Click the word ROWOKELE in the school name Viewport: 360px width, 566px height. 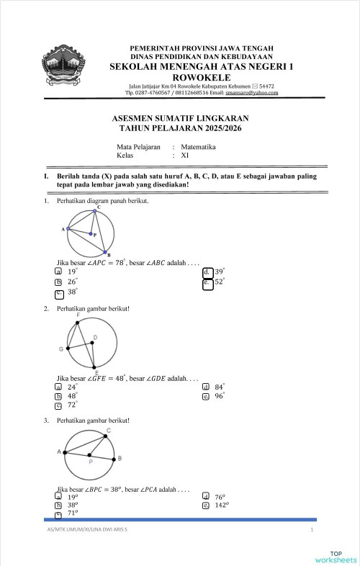point(197,77)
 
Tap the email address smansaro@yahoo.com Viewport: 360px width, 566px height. point(251,93)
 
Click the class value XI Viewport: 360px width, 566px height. point(185,155)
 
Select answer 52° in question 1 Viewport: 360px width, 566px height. point(220,282)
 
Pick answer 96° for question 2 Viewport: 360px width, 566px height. point(219,395)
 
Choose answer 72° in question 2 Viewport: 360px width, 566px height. point(72,405)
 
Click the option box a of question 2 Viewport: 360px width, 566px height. point(58,387)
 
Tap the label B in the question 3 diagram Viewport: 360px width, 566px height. point(119,458)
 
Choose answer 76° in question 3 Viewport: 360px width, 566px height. point(219,496)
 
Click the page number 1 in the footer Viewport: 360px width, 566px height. point(312,530)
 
